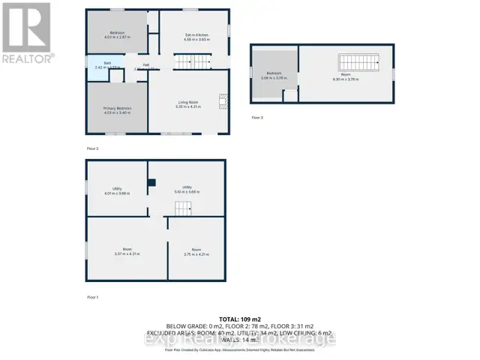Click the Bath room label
click(98, 64)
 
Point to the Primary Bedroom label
click(118, 108)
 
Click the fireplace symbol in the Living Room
click(222, 101)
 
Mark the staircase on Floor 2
click(190, 63)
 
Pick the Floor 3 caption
click(257, 117)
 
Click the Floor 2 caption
click(93, 148)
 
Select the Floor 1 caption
click(93, 297)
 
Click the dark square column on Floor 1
click(152, 181)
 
